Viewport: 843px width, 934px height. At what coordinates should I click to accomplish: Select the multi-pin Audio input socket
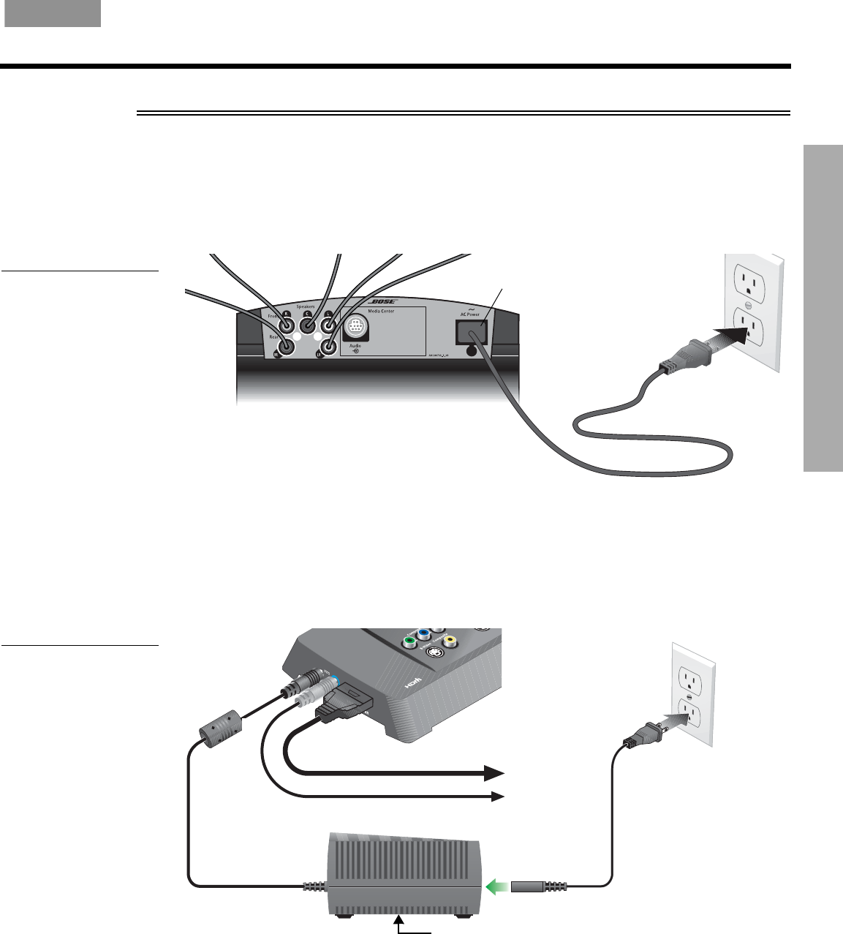355,326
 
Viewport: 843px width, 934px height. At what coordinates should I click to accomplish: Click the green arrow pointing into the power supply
497,887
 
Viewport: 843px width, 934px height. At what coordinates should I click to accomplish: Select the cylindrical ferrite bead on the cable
220,726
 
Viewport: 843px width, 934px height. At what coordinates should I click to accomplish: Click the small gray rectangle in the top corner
53,14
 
